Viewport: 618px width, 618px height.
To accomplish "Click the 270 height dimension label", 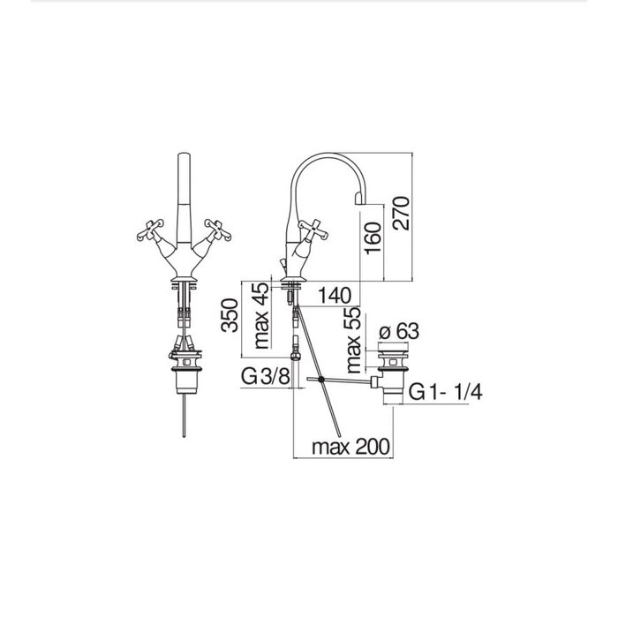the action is (402, 213).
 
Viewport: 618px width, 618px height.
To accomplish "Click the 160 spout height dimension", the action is (373, 238).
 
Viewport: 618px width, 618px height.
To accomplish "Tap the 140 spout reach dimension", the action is (335, 295).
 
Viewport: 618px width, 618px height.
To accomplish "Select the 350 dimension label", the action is (230, 315).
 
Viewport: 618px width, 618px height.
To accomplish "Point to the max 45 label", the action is (261, 316).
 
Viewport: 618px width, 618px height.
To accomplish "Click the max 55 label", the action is (353, 340).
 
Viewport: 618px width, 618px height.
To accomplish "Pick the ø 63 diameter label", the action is (398, 331).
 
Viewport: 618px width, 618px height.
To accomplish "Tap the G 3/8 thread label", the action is (266, 377).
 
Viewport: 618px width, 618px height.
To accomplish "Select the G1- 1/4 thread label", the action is (445, 392).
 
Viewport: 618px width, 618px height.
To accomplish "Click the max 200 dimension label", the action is (350, 447).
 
